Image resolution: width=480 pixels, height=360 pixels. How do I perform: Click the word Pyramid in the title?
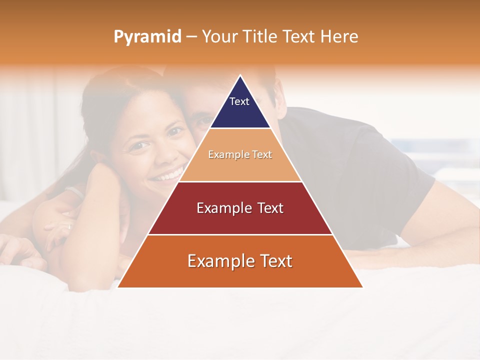(147, 37)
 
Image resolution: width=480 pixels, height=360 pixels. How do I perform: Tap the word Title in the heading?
(261, 37)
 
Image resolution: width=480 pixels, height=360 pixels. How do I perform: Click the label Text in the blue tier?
(239, 101)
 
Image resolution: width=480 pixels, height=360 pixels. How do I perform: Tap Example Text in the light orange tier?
(240, 155)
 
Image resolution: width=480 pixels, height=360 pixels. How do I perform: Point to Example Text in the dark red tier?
(240, 208)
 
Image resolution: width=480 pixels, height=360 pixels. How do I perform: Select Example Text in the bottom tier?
(240, 261)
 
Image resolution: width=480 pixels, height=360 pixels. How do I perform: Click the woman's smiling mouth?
(167, 175)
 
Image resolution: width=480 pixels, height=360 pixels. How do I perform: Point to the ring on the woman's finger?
(69, 226)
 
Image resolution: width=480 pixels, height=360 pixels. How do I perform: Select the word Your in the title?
(220, 37)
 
